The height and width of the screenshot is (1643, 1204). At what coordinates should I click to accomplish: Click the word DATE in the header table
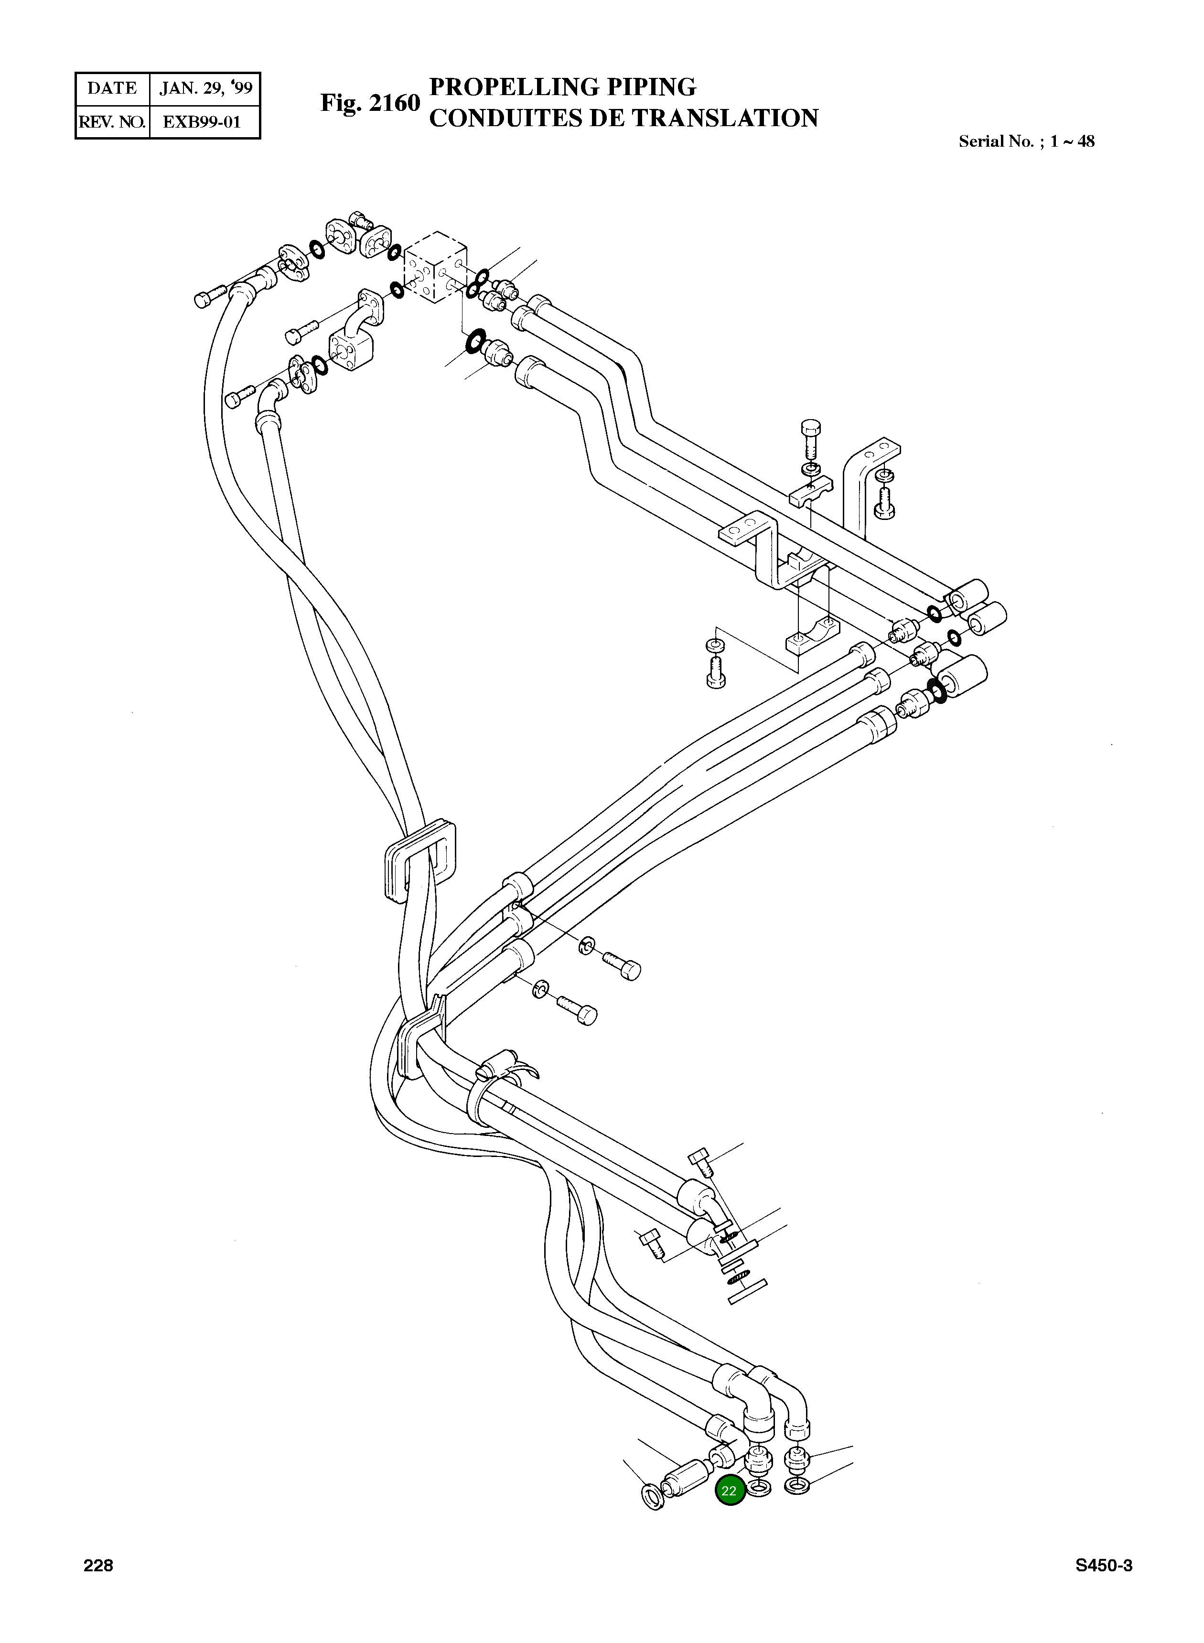111,88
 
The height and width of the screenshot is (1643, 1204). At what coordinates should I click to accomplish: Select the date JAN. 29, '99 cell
205,88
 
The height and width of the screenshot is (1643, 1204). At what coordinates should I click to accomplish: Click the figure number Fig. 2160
370,103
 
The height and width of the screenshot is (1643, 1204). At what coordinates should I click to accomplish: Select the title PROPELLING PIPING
563,87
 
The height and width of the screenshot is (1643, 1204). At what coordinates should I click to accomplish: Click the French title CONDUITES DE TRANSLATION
623,118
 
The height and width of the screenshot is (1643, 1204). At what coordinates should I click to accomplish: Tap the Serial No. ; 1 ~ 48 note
1026,141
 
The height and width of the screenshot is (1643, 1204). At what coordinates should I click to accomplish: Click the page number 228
98,1566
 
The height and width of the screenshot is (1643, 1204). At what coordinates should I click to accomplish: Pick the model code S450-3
1103,1566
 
